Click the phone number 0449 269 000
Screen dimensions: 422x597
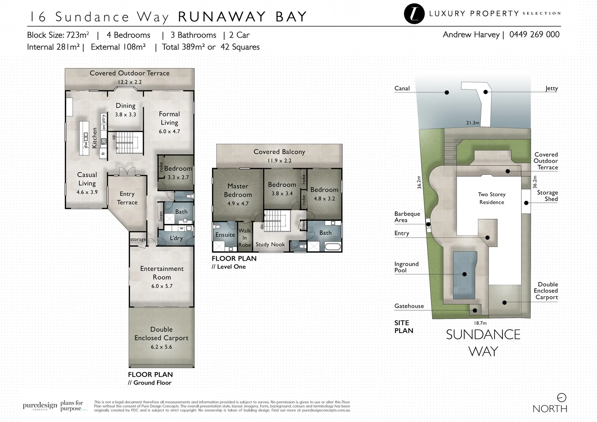tap(534, 34)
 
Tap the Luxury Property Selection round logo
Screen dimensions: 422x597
tap(414, 14)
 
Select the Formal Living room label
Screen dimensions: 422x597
tap(169, 118)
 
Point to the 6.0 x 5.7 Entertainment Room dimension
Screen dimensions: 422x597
tap(162, 286)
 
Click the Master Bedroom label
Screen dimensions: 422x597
tap(238, 190)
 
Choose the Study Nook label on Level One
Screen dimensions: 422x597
tap(270, 244)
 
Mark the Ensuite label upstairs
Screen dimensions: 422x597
tap(225, 235)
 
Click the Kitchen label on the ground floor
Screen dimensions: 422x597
tap(94, 138)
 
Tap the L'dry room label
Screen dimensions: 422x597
tap(176, 238)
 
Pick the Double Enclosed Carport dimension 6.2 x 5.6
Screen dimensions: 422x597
tap(161, 347)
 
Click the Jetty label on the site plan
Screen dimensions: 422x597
tap(552, 88)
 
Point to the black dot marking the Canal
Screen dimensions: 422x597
tap(447, 93)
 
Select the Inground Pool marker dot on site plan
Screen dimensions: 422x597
tap(464, 274)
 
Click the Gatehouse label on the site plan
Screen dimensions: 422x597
tap(409, 306)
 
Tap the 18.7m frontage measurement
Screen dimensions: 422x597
tap(480, 323)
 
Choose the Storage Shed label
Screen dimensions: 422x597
tap(547, 196)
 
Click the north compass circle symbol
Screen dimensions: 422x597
tap(561, 398)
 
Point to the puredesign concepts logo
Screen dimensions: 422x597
tap(40, 406)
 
